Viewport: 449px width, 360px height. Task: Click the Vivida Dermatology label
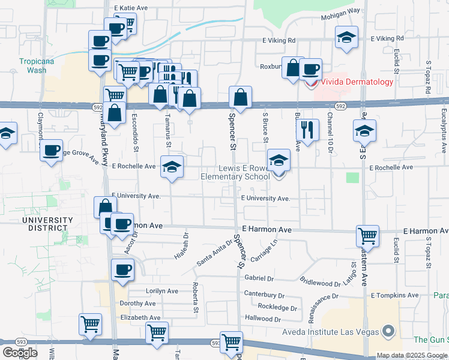click(x=357, y=82)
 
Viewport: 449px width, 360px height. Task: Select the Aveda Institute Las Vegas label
click(x=331, y=332)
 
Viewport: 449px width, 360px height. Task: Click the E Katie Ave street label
click(x=130, y=8)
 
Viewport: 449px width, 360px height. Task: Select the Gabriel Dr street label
click(x=259, y=278)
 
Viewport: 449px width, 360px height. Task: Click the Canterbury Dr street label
click(x=264, y=295)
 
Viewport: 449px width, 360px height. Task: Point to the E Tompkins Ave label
click(x=394, y=295)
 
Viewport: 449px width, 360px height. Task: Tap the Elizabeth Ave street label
click(x=140, y=317)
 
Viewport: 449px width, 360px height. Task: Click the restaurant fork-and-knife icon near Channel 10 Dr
click(x=307, y=129)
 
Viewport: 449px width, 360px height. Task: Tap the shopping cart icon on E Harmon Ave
click(x=367, y=235)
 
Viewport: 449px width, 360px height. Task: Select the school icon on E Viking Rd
click(x=346, y=37)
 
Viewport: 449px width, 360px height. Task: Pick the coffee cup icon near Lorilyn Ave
click(x=123, y=269)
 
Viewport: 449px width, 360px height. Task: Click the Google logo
click(x=20, y=353)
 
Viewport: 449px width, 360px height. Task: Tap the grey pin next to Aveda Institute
click(x=388, y=331)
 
